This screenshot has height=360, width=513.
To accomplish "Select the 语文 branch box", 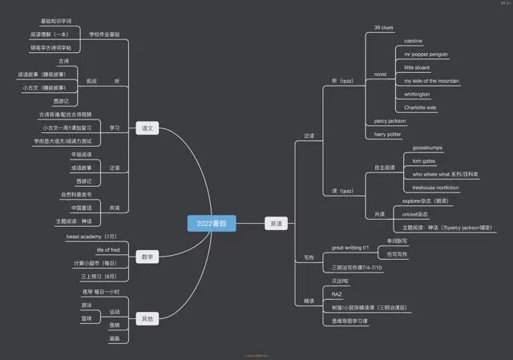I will click(x=147, y=128).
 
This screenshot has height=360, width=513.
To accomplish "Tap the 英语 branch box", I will click(x=275, y=223).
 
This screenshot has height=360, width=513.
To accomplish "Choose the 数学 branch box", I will click(x=147, y=257).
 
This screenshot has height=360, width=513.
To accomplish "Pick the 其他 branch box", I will click(x=147, y=318).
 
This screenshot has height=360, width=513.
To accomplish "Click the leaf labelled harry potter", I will click(x=387, y=135).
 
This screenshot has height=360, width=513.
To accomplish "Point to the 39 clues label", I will click(x=383, y=28).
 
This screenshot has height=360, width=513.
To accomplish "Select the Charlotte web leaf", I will click(x=420, y=107).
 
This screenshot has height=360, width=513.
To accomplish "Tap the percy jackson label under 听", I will click(x=390, y=121).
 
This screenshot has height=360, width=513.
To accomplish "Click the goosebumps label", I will click(x=427, y=148).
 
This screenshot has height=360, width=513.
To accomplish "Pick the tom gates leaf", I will click(x=423, y=161).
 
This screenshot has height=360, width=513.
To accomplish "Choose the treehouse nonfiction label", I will click(x=435, y=188).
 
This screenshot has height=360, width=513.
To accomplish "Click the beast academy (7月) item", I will click(x=91, y=237).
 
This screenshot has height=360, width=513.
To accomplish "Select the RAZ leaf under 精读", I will click(x=337, y=295).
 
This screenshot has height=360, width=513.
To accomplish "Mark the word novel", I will click(x=380, y=75).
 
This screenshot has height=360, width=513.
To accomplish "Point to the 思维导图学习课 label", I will click(x=349, y=321).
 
